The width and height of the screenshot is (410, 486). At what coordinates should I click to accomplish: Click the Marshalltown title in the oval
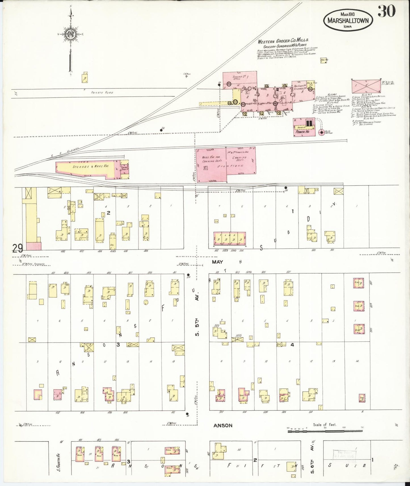tap(348, 20)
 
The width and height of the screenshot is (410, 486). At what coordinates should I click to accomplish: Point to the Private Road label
tap(102, 93)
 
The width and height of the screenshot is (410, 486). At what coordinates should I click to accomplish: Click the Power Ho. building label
tap(302, 132)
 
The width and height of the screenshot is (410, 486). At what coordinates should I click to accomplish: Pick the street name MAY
tap(217, 262)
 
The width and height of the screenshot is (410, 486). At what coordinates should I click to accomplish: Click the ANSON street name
tap(223, 425)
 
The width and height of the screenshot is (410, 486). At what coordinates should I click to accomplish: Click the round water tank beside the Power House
tap(321, 132)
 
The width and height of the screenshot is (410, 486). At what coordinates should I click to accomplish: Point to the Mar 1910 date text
tap(348, 14)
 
